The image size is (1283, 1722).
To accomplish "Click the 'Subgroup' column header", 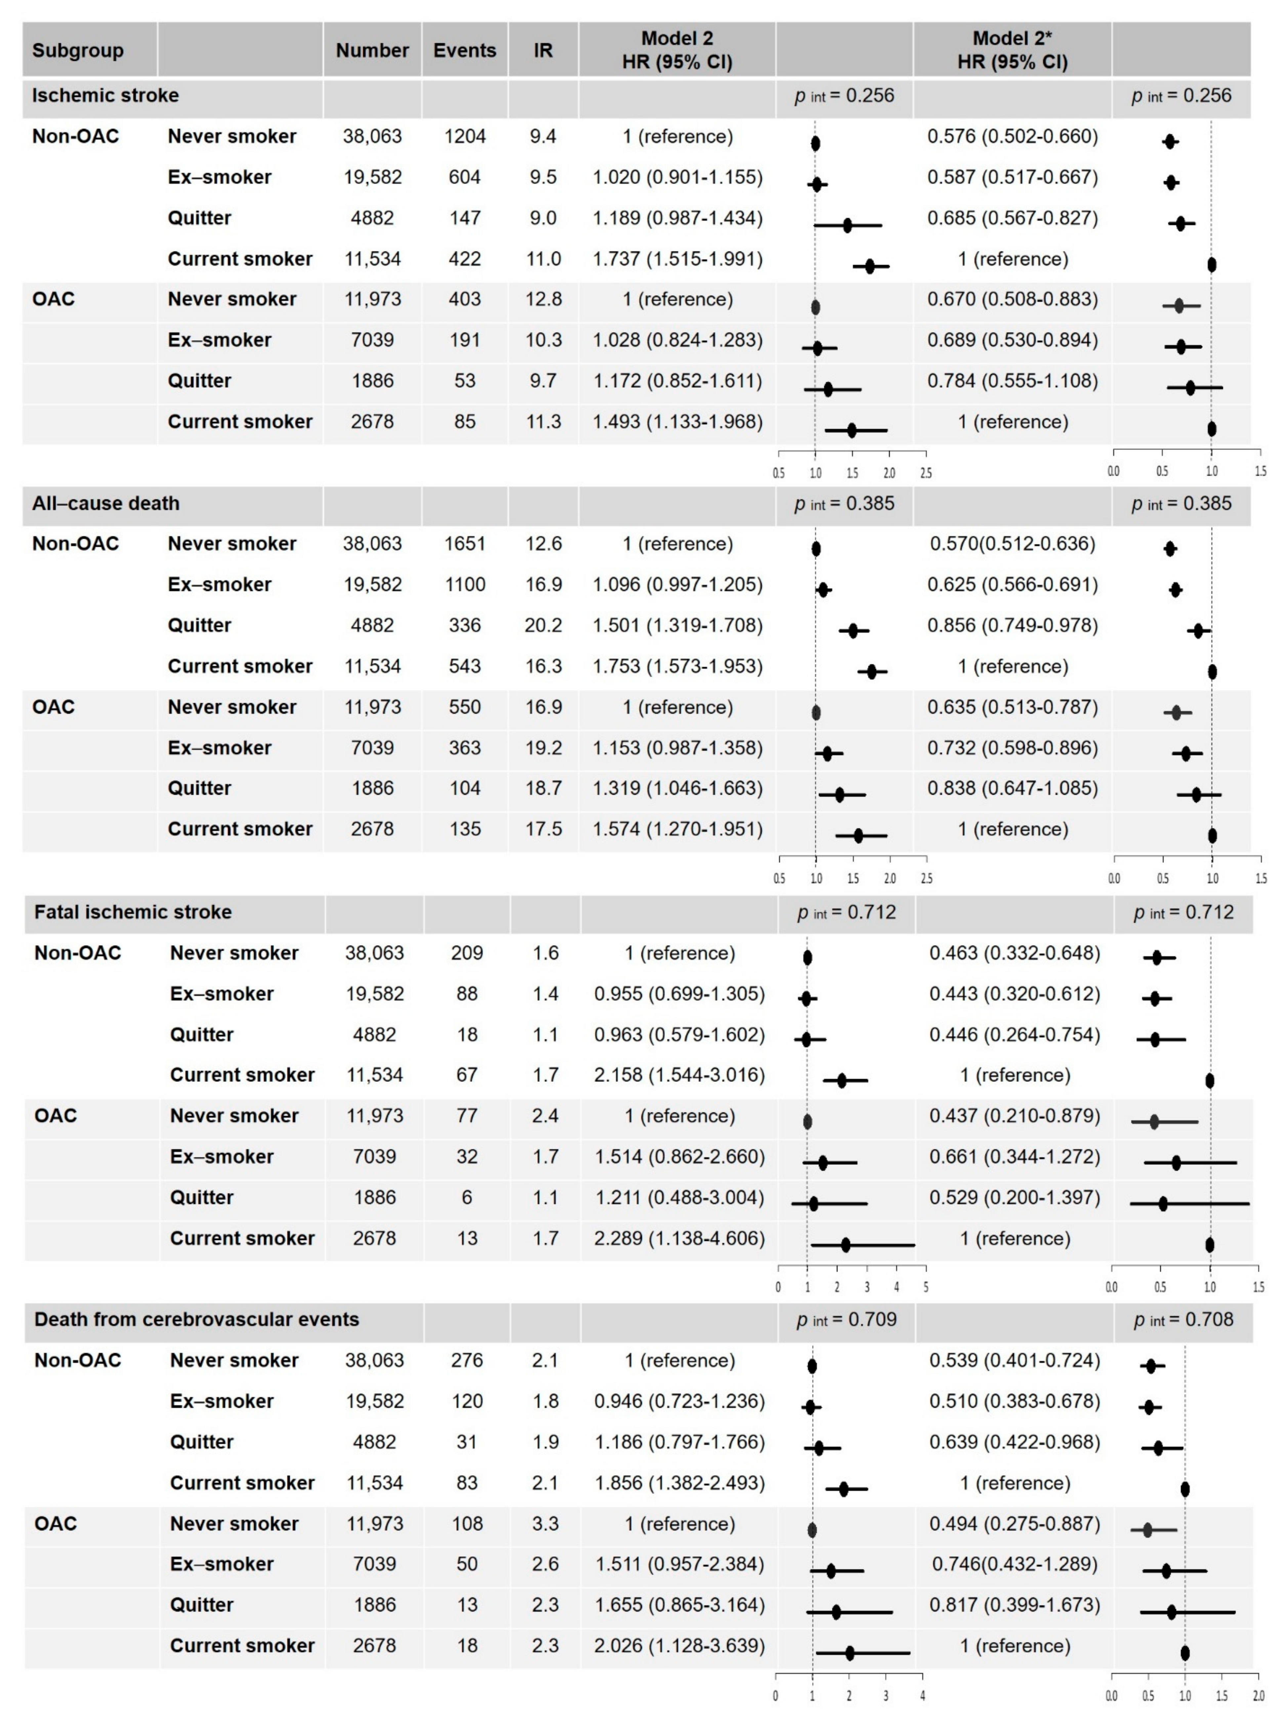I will [x=78, y=51].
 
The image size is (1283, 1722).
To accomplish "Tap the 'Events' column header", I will [x=465, y=51].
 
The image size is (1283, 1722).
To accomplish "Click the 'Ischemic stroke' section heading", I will [x=105, y=96].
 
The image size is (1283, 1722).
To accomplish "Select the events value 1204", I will [x=465, y=137].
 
